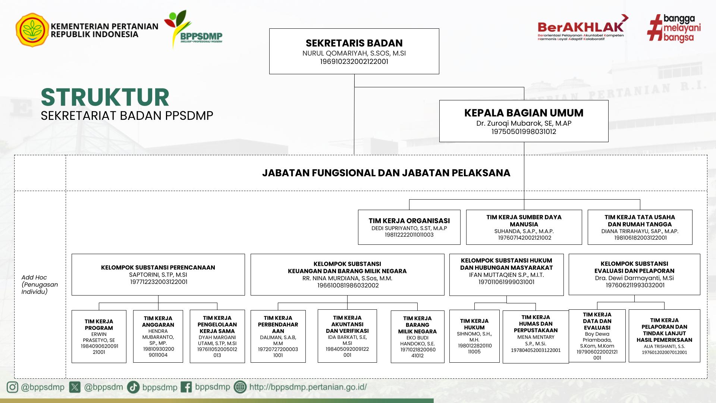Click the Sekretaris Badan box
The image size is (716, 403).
pos(354,51)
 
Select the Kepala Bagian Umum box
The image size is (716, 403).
pos(524,121)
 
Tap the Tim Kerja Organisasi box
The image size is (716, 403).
pos(409,227)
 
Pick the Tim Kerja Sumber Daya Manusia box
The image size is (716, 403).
pos(524,227)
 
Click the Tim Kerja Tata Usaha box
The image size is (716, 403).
pos(640,227)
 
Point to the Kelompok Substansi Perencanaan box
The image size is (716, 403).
pos(158,275)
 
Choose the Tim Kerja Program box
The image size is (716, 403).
pos(99,336)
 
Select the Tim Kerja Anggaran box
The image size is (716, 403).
pos(158,336)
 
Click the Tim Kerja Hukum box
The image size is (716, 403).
pos(474,336)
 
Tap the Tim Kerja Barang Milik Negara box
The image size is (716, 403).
pos(417,337)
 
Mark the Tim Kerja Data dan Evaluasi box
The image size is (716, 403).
pos(597,336)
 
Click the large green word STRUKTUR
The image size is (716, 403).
pos(105,97)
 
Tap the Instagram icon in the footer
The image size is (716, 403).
pos(12,387)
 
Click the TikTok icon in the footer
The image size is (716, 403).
pos(133,387)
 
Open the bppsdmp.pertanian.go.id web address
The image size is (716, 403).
pos(308,387)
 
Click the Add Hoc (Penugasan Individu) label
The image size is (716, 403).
pos(40,284)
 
